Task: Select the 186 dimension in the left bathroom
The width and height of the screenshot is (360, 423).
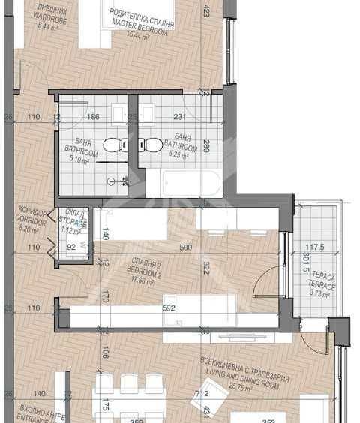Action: click(93, 118)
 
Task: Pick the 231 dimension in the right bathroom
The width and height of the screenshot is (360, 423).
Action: click(179, 118)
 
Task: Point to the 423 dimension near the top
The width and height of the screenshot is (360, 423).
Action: click(207, 11)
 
